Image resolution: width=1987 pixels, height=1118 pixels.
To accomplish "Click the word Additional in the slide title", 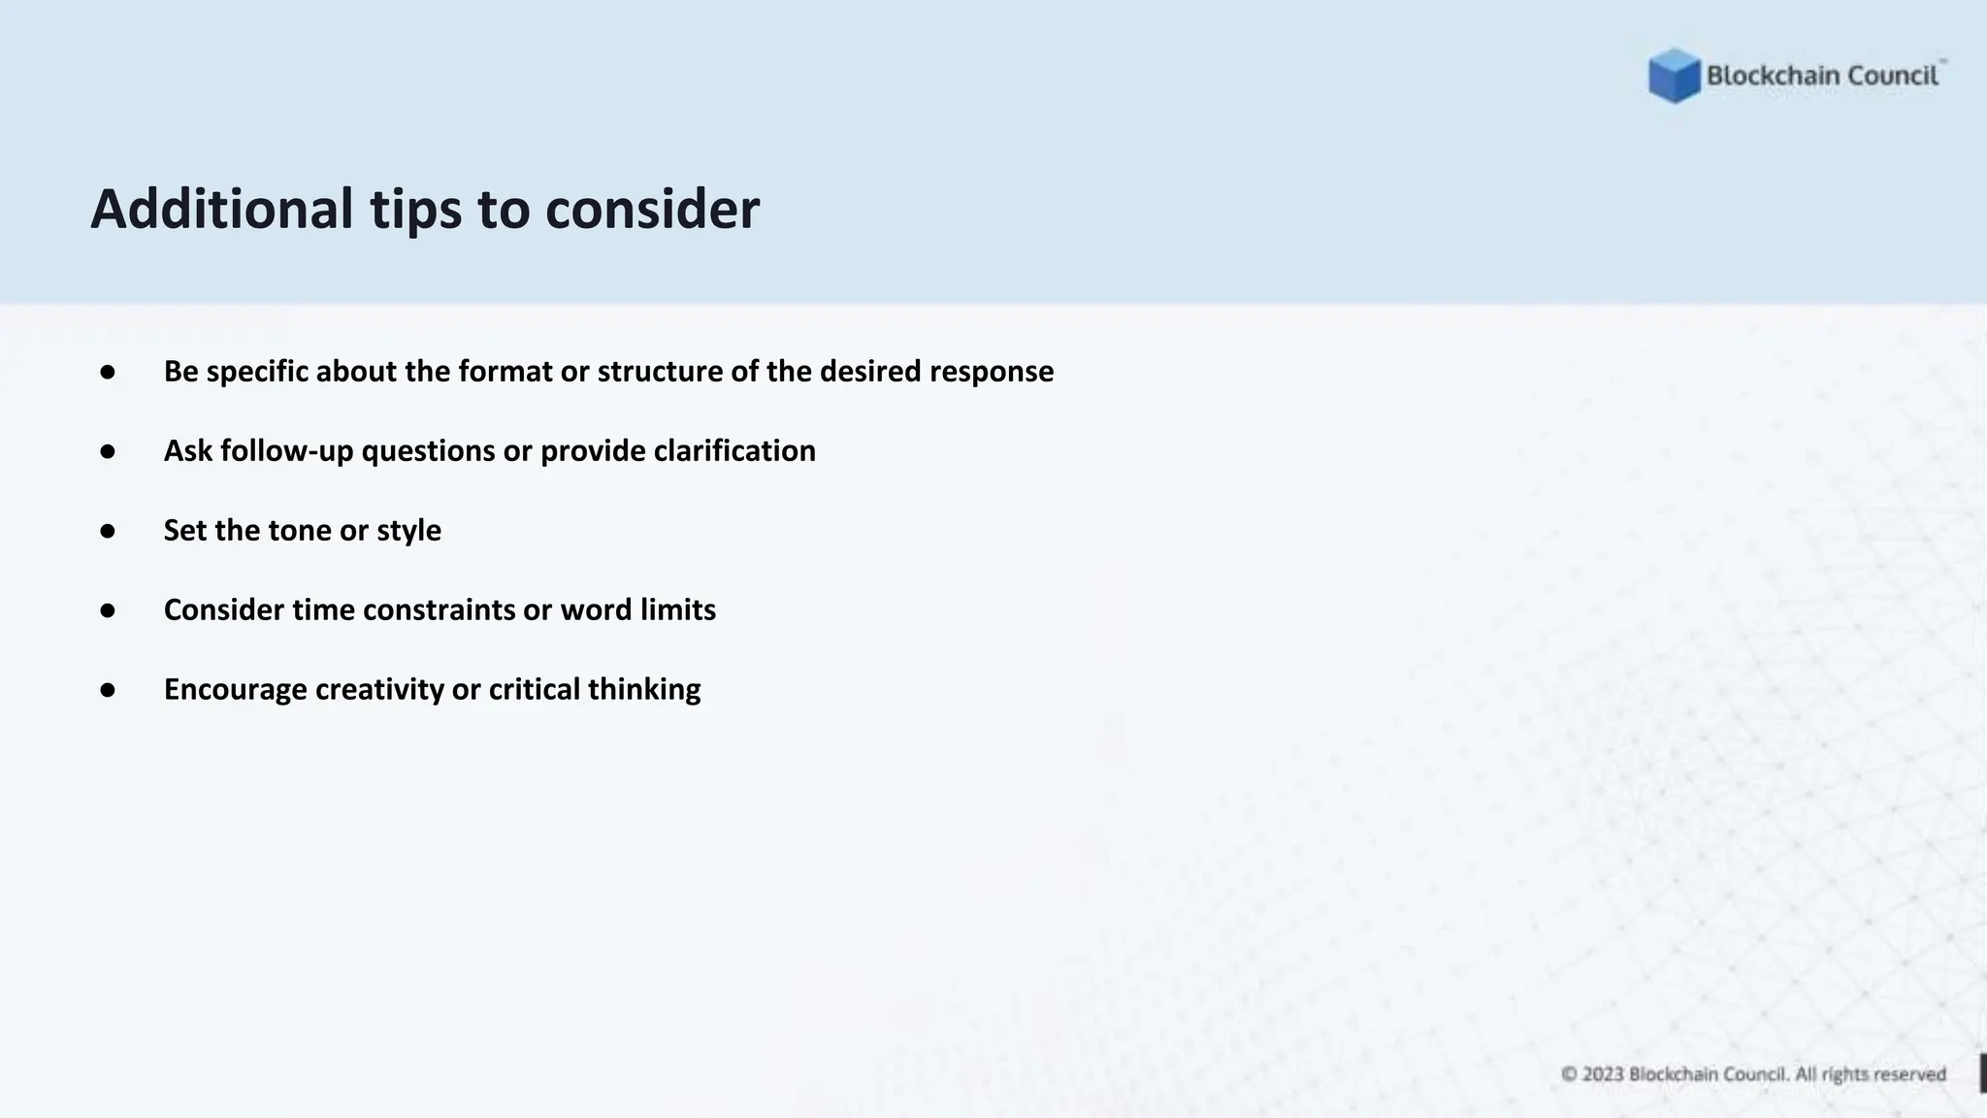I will [222, 209].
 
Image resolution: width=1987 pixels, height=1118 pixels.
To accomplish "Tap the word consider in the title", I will [652, 209].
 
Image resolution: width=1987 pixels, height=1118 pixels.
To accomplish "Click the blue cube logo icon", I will [1674, 76].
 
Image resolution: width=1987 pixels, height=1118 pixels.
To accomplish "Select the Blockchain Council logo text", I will [1822, 76].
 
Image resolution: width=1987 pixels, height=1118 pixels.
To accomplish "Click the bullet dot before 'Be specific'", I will [108, 372].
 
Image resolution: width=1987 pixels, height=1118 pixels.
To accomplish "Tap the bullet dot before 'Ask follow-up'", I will [108, 451].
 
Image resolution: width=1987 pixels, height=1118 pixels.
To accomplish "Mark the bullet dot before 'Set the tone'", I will [108, 531].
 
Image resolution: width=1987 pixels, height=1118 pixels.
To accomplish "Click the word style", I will [408, 531].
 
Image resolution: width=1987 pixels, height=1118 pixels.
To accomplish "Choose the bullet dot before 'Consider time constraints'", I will [108, 610].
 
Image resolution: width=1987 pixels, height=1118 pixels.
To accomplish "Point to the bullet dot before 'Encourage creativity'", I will [108, 690].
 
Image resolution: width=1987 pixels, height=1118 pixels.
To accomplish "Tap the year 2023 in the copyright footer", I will [1603, 1074].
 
